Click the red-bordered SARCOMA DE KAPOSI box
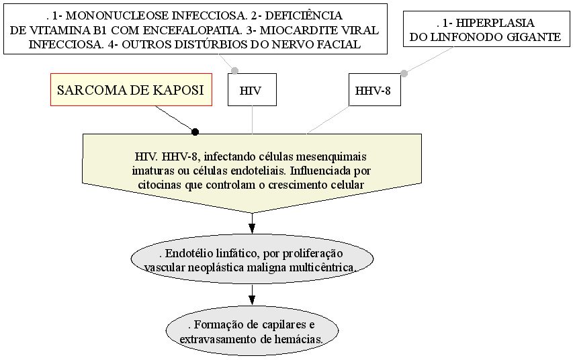pos(131,89)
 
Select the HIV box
pos(252,89)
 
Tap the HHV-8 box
pos(375,89)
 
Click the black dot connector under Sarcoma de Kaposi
pos(195,132)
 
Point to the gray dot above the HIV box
pos(234,71)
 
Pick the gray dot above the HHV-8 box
pos(404,73)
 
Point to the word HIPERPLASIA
pos(495,23)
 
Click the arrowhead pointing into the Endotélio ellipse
pos(252,229)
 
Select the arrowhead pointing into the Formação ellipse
pos(252,300)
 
